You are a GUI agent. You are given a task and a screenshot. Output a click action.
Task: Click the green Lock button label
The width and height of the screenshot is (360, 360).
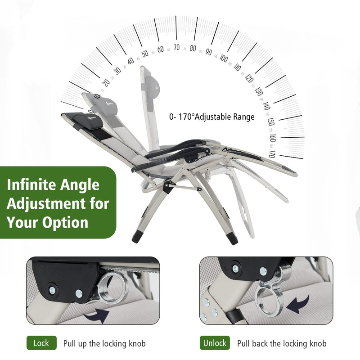click(41, 343)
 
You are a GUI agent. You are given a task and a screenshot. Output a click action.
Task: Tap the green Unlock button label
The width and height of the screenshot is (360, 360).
click(215, 343)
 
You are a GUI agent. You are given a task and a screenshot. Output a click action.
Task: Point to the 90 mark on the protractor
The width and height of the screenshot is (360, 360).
click(208, 52)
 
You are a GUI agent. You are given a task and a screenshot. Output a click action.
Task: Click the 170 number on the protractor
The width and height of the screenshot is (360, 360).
click(271, 154)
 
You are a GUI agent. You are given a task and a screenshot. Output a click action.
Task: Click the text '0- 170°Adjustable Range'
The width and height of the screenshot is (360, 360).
click(212, 117)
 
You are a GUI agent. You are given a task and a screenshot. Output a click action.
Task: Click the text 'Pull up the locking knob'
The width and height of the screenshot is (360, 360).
click(104, 343)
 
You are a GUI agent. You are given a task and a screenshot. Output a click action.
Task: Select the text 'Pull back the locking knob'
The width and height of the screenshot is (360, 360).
click(282, 343)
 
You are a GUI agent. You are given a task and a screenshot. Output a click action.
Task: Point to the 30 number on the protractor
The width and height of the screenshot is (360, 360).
click(117, 71)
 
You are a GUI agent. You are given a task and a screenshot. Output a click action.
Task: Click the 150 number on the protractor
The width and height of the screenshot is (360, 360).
click(270, 121)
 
